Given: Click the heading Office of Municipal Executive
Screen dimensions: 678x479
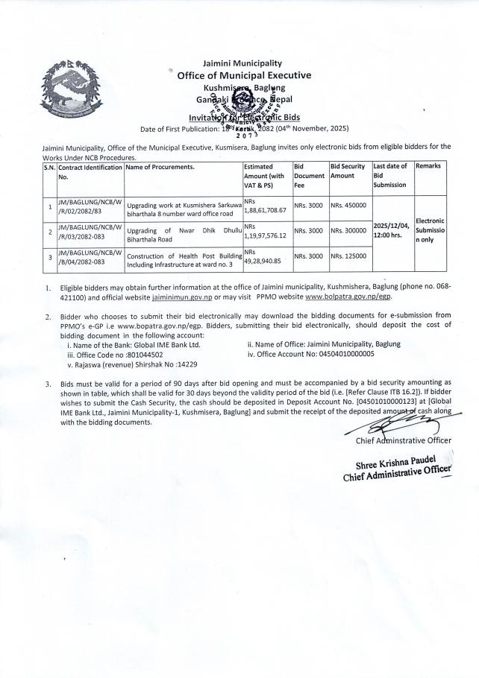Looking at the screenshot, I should coord(244,75).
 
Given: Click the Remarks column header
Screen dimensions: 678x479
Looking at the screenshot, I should coord(428,166).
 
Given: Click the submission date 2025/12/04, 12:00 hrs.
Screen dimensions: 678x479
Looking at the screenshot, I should coord(391,230).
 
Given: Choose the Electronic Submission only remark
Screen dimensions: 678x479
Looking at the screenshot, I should coord(430,230).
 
